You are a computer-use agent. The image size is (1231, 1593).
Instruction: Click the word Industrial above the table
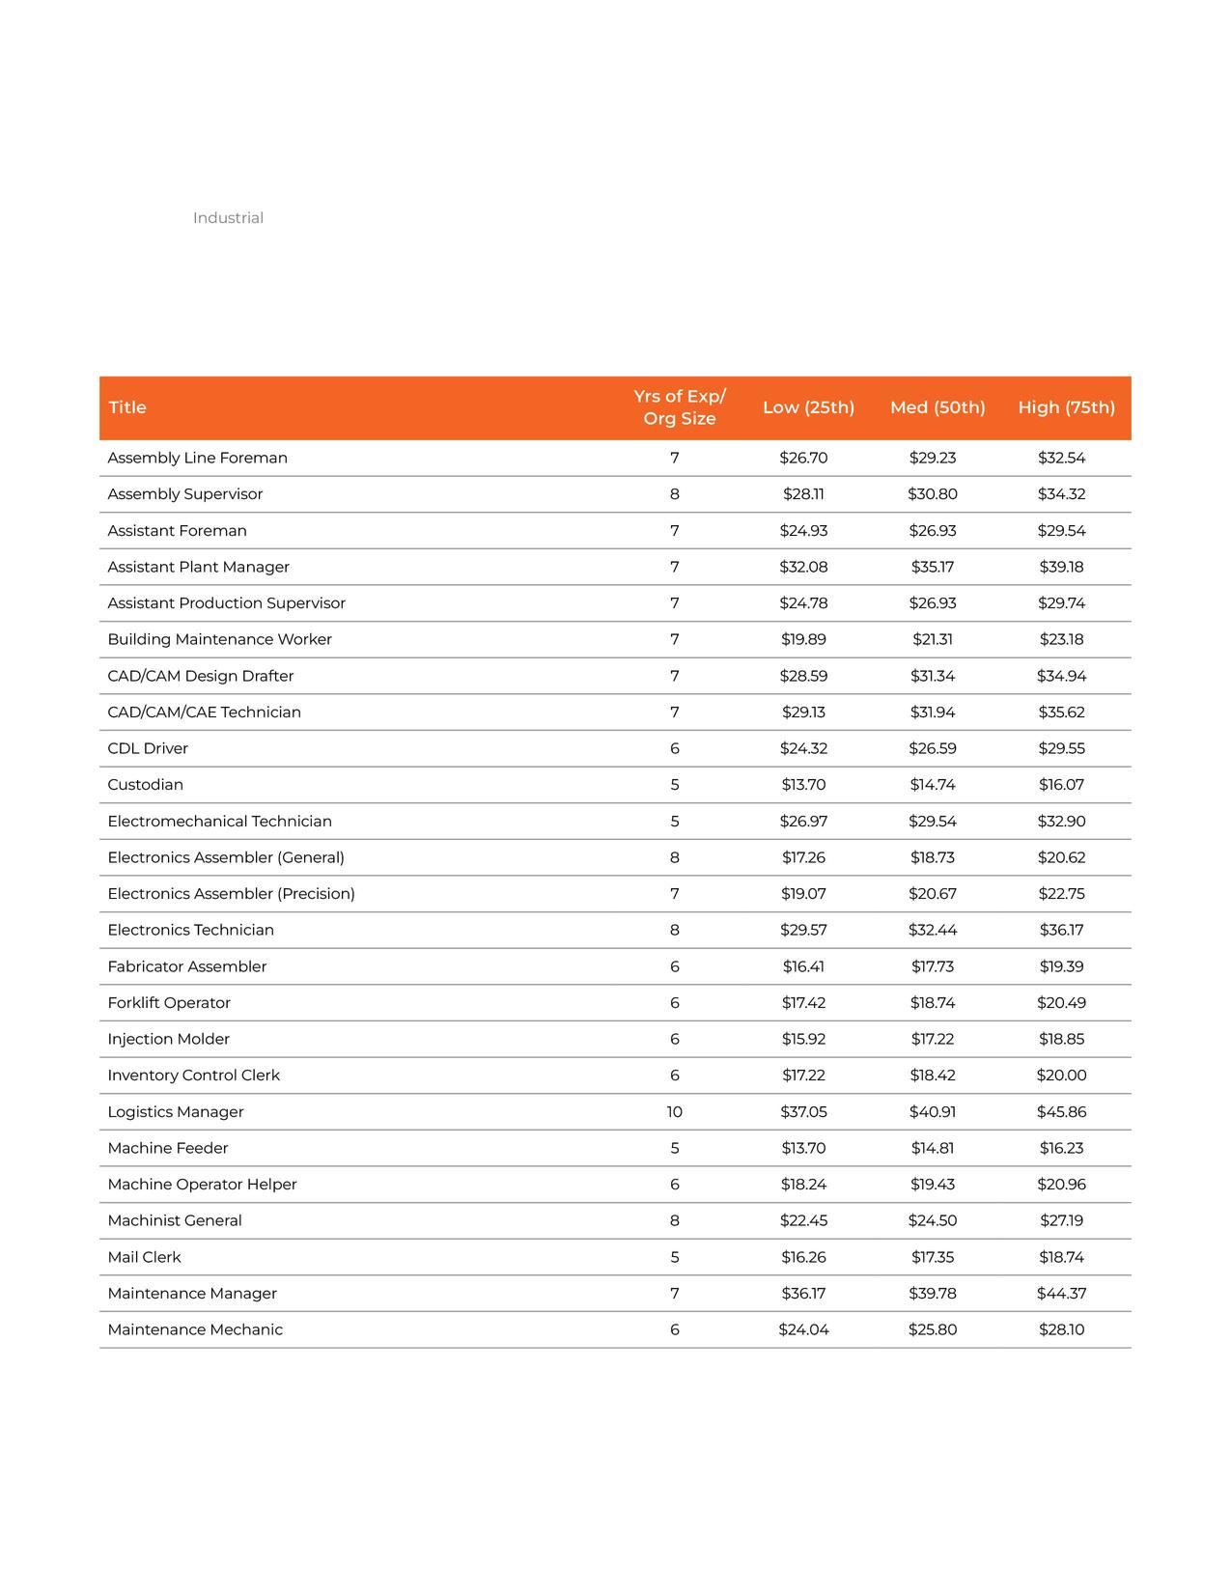coord(228,218)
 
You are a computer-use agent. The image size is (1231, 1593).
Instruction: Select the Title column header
coord(127,407)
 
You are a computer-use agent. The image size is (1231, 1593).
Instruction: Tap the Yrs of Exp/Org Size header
coord(680,407)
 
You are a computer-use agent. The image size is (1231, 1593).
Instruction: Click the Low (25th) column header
coord(808,407)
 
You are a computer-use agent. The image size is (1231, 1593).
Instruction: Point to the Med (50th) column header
coord(937,407)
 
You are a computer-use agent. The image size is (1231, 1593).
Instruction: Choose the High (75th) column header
coord(1066,407)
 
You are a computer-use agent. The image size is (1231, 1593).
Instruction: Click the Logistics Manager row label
coord(176,1112)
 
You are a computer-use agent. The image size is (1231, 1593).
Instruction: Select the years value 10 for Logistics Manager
coord(674,1112)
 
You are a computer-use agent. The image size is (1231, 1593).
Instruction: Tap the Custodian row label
coord(146,785)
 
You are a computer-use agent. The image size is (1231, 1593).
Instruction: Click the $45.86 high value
coord(1061,1112)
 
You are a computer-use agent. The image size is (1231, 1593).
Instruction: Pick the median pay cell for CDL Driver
coord(933,748)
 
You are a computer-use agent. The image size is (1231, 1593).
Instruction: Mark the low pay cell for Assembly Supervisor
coord(803,494)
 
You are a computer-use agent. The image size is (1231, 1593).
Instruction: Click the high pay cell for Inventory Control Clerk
coord(1061,1076)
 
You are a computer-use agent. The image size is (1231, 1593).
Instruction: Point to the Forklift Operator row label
coord(169,1003)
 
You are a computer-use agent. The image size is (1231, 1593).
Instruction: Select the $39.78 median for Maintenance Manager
coord(933,1294)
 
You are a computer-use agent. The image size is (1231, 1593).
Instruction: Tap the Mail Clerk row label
coord(145,1257)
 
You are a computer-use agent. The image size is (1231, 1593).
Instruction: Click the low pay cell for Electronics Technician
coord(803,931)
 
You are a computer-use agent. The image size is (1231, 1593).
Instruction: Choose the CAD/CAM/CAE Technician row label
coord(205,713)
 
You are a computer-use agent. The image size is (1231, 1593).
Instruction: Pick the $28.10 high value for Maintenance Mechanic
coord(1061,1330)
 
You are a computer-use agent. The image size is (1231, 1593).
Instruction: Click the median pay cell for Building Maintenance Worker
coord(933,639)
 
